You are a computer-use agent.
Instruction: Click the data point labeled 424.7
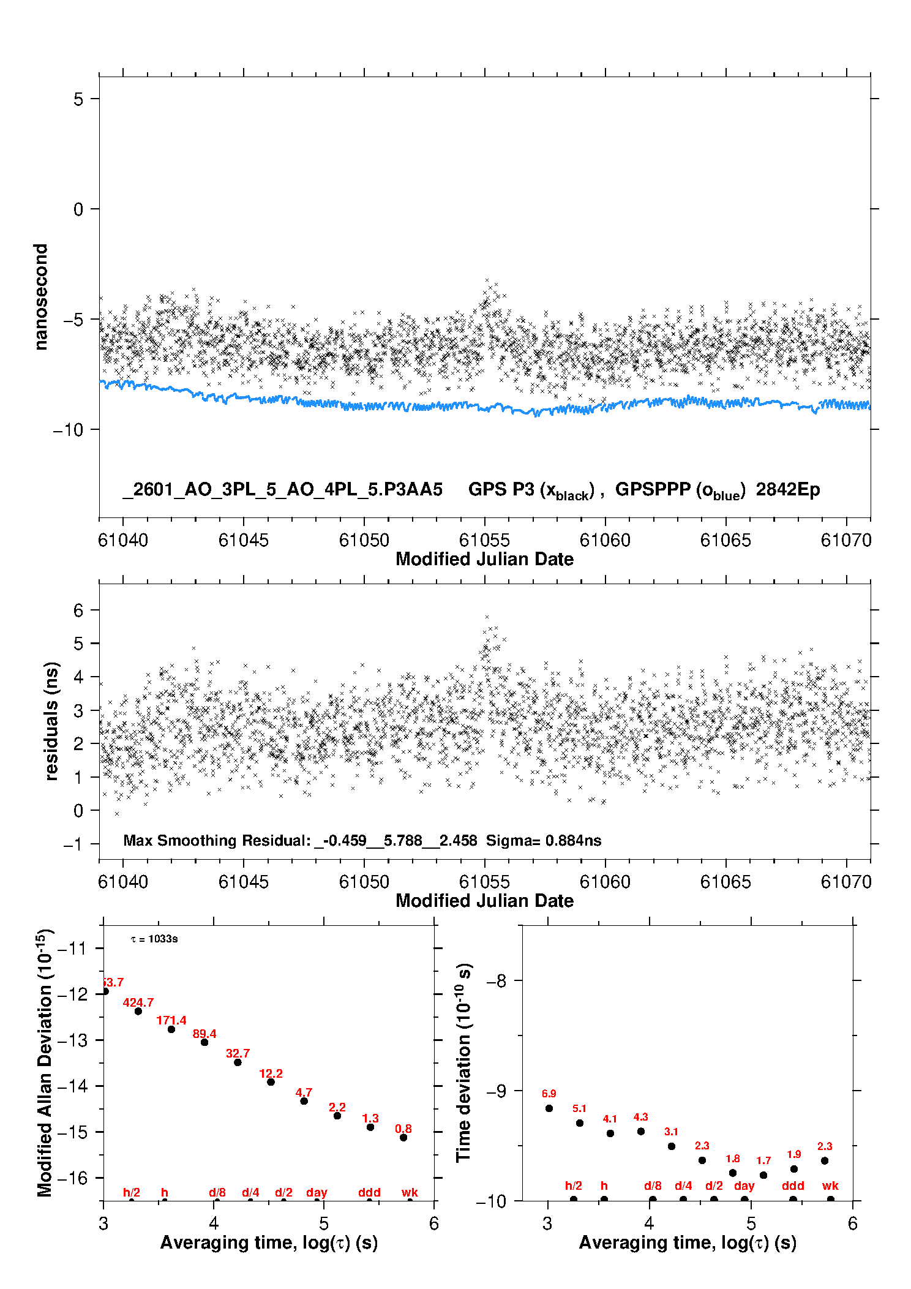(138, 1011)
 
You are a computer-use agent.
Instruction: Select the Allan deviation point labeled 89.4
(204, 1042)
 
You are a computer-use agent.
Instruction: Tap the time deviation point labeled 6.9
(549, 1108)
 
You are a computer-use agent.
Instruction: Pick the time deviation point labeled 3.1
(672, 1146)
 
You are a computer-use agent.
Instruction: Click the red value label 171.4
(171, 1020)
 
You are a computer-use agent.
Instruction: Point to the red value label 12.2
(271, 1073)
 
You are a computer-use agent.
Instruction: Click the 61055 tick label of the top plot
(484, 540)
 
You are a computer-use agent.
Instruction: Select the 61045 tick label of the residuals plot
(243, 882)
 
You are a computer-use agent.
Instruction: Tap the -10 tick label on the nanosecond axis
(67, 430)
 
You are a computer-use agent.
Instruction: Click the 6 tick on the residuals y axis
(78, 610)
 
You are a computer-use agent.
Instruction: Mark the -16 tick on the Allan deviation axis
(72, 1178)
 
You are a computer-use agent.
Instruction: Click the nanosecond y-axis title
(40, 297)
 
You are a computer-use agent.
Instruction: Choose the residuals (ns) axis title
(51, 721)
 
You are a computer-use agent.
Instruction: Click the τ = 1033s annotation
(154, 939)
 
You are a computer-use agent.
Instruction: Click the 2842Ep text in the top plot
(787, 489)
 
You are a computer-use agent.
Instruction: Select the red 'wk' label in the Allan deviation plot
(410, 1192)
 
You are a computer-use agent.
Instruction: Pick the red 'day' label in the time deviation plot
(744, 1186)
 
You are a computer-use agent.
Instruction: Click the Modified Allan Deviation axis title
(45, 1062)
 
